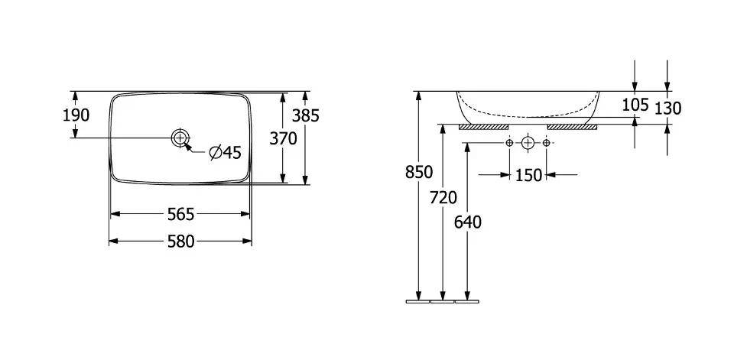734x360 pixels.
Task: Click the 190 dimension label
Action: (76, 115)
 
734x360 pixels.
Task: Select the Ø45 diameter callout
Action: (226, 153)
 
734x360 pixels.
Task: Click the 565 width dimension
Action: (180, 214)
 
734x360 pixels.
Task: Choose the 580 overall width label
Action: (180, 242)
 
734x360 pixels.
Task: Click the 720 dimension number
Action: (443, 198)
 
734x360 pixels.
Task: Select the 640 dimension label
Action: (467, 222)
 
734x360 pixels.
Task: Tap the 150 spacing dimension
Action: (528, 175)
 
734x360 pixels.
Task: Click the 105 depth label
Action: (635, 105)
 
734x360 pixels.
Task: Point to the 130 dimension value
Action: (667, 109)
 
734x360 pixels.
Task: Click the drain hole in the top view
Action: (180, 138)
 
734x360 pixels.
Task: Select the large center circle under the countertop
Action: (528, 143)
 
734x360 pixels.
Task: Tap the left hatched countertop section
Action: (483, 126)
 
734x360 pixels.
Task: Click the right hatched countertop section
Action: (572, 126)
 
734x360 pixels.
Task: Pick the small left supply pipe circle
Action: (509, 143)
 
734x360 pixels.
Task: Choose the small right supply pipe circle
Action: (547, 143)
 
